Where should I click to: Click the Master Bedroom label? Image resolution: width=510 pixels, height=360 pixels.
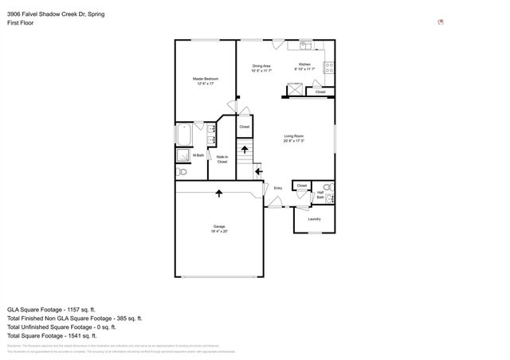tap(205, 80)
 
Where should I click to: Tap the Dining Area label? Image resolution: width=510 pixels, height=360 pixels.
tap(262, 66)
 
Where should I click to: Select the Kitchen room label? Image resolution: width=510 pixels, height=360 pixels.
tap(304, 65)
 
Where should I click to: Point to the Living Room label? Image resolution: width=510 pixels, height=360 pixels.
tap(293, 136)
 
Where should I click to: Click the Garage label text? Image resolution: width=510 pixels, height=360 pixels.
tap(218, 226)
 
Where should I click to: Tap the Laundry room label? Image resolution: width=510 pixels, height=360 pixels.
tap(314, 219)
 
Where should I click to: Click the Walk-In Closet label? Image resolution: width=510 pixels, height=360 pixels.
tap(222, 159)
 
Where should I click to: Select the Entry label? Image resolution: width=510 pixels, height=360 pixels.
tap(278, 188)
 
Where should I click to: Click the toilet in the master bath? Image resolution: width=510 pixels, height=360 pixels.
tap(182, 171)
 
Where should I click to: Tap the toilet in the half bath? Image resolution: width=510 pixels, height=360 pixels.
tap(328, 187)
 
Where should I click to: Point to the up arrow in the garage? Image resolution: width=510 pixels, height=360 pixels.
tap(219, 192)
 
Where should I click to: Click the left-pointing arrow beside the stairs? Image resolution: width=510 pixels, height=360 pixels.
tap(259, 170)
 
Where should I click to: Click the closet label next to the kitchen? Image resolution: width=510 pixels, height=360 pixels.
tap(320, 92)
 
